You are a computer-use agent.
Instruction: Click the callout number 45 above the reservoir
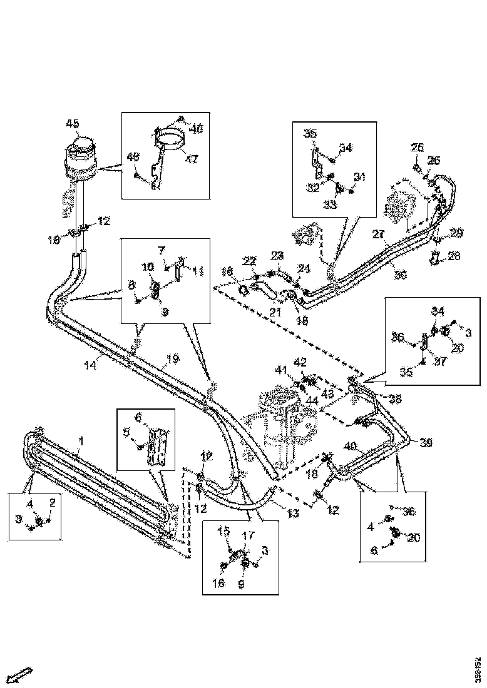(73, 123)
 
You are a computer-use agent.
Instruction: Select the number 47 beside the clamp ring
(191, 159)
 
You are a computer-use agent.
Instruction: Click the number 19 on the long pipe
(173, 359)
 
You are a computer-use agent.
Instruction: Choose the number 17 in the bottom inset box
(248, 536)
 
